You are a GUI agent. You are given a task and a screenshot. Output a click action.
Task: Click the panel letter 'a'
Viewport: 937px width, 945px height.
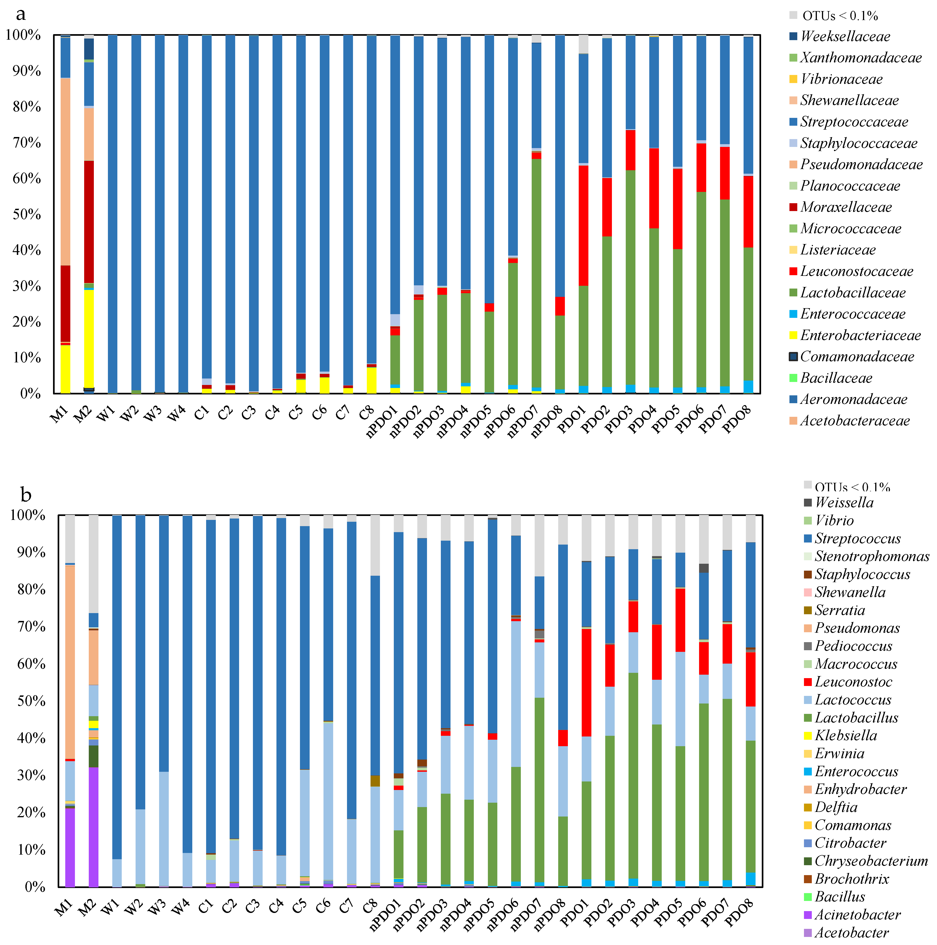(x=21, y=14)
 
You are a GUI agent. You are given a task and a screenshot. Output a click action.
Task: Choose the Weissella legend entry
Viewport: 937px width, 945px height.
(x=844, y=502)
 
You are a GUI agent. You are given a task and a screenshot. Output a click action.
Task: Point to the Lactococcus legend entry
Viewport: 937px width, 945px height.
(x=852, y=699)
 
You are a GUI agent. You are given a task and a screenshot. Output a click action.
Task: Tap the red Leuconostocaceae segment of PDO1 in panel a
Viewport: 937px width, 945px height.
(x=583, y=225)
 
